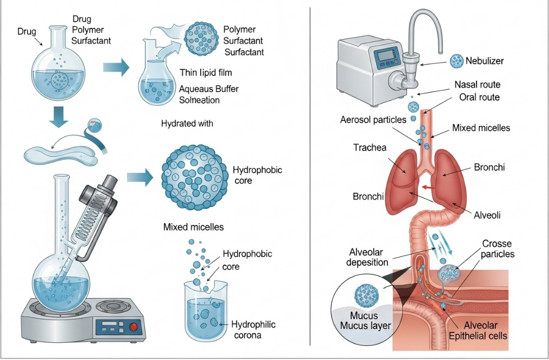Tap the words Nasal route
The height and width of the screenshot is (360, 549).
tap(477, 85)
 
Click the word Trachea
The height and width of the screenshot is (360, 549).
tap(370, 148)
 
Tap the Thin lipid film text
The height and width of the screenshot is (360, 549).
tap(205, 73)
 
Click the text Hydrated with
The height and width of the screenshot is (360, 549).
tap(187, 123)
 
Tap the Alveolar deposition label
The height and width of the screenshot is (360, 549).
tap(369, 257)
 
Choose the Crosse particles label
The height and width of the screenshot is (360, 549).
tap(498, 249)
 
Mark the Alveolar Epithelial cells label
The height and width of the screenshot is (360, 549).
tap(478, 331)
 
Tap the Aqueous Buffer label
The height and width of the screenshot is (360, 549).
tap(209, 89)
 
